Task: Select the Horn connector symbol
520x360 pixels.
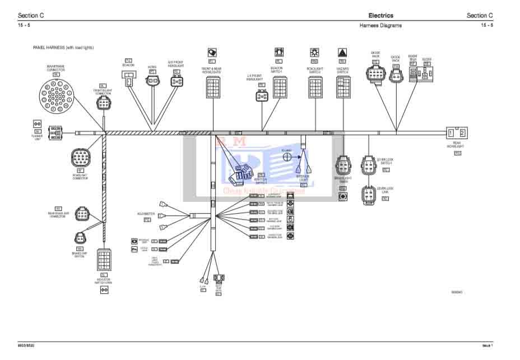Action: coord(152,81)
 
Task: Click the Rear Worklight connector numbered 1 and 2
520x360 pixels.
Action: coord(456,133)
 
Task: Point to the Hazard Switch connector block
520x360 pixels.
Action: coord(343,88)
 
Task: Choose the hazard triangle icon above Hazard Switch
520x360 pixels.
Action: coord(342,53)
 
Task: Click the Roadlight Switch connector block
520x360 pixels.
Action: coord(315,88)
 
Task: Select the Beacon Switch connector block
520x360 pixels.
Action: coord(280,88)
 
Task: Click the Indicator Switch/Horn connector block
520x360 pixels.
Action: coord(104,260)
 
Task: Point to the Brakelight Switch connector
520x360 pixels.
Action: coord(80,237)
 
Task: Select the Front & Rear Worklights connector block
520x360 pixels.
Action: coord(213,88)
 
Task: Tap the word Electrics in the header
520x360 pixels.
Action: coord(380,16)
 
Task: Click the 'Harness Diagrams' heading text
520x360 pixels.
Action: coord(380,25)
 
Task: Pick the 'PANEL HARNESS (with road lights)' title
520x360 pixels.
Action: coord(63,48)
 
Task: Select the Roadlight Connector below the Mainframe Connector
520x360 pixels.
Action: coord(80,158)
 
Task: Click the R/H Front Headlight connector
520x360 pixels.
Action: coord(177,82)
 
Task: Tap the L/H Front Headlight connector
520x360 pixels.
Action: coord(262,96)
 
